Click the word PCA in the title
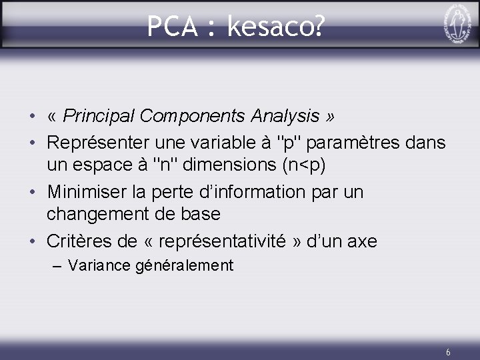tap(171, 27)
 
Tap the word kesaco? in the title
tap(276, 27)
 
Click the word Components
tap(193, 116)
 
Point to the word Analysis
tap(285, 116)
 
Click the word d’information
tap(251, 193)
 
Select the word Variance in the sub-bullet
tap(99, 265)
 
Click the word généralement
tap(184, 266)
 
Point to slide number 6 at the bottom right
tap(448, 352)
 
